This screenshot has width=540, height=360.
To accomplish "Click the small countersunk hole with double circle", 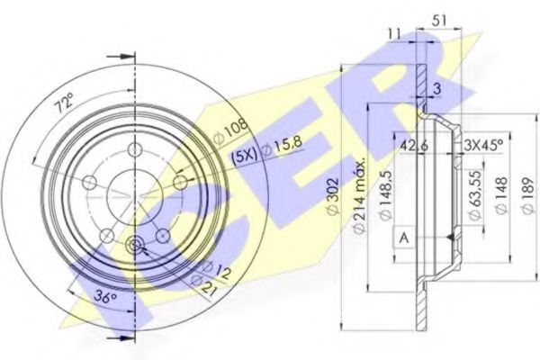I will pyautogui.click(x=136, y=246).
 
